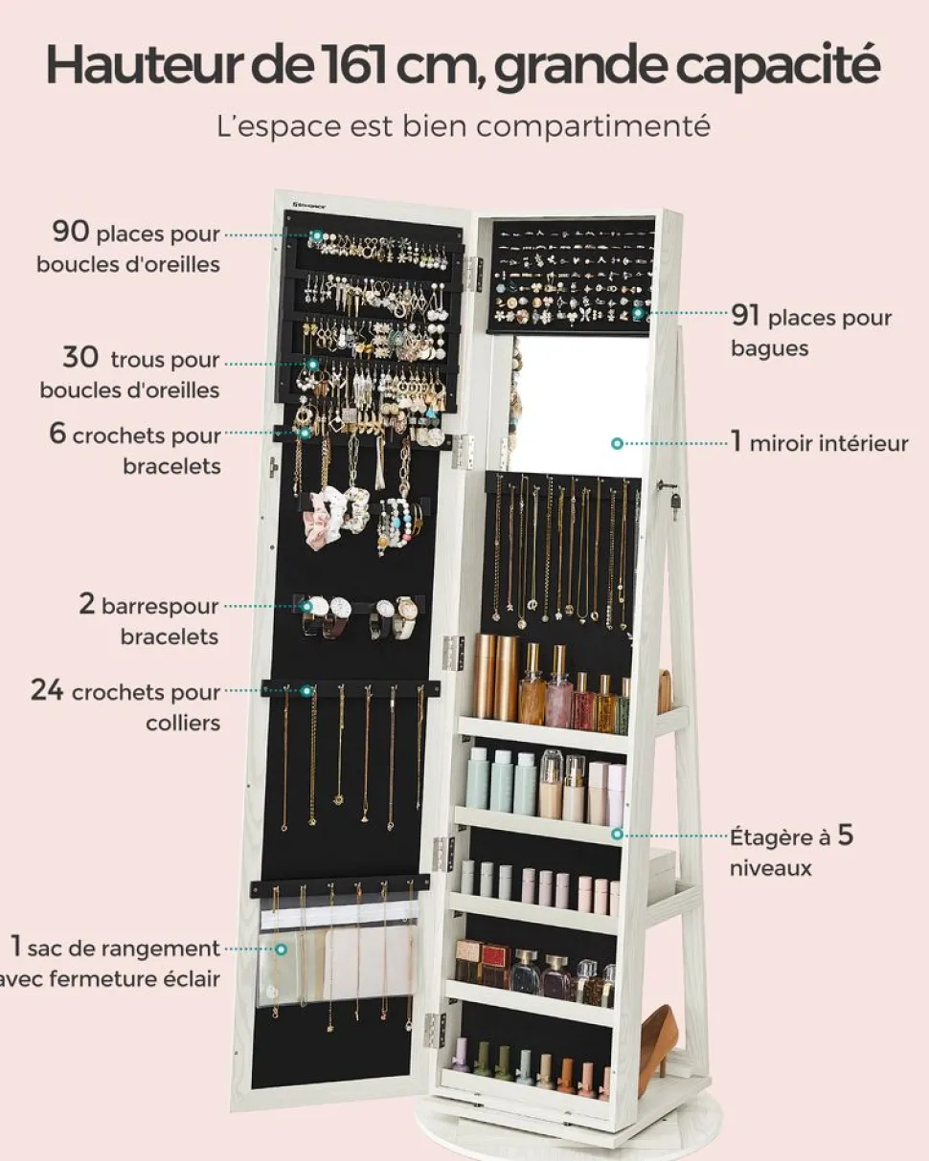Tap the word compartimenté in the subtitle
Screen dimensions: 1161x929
(x=602, y=125)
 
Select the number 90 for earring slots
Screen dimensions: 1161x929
(x=71, y=231)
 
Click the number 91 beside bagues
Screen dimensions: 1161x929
(x=746, y=315)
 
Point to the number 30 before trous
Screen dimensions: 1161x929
(x=80, y=358)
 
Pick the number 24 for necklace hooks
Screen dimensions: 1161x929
(x=47, y=690)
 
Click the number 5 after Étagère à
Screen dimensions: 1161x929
(x=845, y=835)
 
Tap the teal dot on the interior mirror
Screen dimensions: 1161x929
(x=618, y=443)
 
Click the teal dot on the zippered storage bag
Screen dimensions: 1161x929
(x=282, y=949)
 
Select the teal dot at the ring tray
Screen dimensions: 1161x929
(x=638, y=312)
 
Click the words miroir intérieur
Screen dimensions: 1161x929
(x=828, y=443)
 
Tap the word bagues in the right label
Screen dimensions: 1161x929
(x=769, y=347)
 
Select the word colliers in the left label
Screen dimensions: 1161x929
(x=183, y=723)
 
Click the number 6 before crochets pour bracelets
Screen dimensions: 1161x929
(x=57, y=434)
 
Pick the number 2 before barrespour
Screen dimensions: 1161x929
(x=87, y=605)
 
